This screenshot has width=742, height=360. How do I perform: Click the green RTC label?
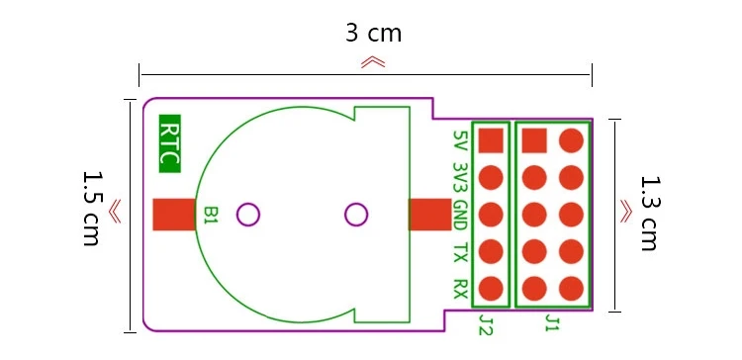tap(169, 144)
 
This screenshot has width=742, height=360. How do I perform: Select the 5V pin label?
tap(460, 141)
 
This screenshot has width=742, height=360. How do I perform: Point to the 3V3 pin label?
tap(460, 178)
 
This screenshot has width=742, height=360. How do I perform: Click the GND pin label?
tap(460, 215)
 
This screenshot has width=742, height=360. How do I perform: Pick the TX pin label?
tap(460, 252)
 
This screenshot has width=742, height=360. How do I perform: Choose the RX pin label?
tap(460, 289)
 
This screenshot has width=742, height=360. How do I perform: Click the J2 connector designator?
tap(485, 324)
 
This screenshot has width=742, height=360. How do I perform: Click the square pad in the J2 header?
tap(491, 140)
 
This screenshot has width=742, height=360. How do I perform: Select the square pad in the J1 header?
tap(534, 140)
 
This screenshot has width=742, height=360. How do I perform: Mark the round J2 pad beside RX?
tap(491, 289)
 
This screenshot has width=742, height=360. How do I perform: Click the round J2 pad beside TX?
tap(491, 252)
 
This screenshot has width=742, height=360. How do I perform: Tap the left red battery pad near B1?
tap(173, 215)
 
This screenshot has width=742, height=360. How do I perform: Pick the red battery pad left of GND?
tap(427, 215)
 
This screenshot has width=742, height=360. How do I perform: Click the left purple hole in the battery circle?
tap(248, 214)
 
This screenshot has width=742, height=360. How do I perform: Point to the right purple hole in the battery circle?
tap(356, 214)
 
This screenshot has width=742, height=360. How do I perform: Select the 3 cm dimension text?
tap(373, 33)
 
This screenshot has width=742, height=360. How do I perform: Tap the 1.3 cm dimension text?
tap(649, 213)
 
